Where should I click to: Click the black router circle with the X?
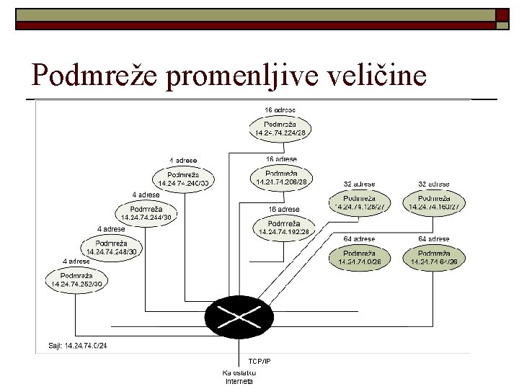(239, 315)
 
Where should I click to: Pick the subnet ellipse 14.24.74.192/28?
(283, 228)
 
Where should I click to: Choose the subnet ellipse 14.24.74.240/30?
(183, 179)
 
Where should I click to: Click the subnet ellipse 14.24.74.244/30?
(146, 213)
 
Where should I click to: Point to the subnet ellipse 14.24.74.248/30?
(111, 247)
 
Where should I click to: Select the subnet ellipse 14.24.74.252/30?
(76, 280)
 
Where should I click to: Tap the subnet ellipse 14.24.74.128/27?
(358, 202)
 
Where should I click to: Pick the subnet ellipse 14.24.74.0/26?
(358, 257)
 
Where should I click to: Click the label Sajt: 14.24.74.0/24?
(77, 346)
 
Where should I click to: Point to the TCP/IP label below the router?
(259, 360)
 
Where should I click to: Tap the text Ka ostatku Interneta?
(239, 377)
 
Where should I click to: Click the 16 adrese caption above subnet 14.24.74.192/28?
(283, 210)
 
